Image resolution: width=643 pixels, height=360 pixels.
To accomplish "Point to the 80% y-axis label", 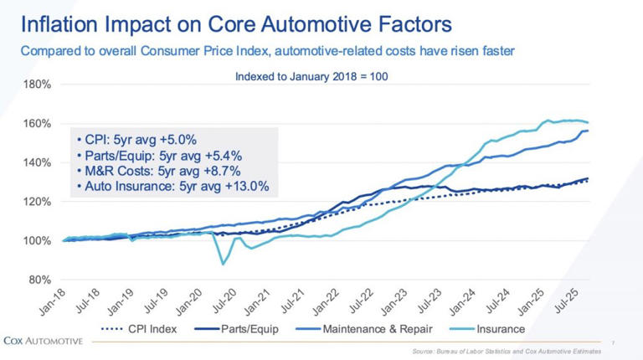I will pyautogui.click(x=39, y=280).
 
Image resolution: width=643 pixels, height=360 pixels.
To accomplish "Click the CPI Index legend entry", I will pyautogui.click(x=139, y=329).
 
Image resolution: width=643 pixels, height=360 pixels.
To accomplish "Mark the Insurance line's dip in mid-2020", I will pyautogui.click(x=223, y=264).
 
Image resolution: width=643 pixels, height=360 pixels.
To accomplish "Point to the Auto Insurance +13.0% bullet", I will pyautogui.click(x=172, y=187).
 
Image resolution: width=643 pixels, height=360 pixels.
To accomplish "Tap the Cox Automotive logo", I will pyautogui.click(x=43, y=341).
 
